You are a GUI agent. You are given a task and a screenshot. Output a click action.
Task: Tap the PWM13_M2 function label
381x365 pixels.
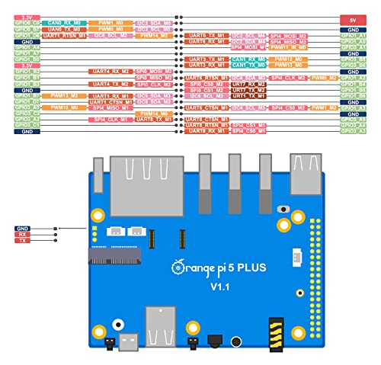[64, 95]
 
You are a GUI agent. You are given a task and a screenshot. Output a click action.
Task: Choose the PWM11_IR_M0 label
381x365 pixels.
[289, 47]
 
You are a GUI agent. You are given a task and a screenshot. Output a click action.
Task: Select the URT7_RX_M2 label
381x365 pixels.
[248, 89]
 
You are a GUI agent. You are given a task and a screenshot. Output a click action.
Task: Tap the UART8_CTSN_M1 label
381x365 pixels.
[207, 120]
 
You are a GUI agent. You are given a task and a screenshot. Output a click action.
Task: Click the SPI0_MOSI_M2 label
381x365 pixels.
[154, 71]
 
